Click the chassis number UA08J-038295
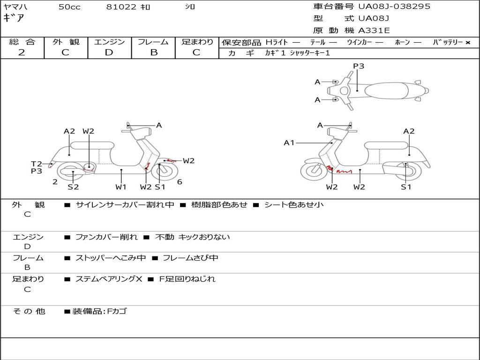pyautogui.click(x=394, y=7)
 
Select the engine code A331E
pyautogui.click(x=374, y=31)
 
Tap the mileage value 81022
pyautogui.click(x=121, y=7)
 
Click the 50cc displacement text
pyautogui.click(x=69, y=7)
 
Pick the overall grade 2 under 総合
pyautogui.click(x=22, y=52)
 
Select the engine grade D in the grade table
pyautogui.click(x=109, y=52)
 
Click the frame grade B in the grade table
pyautogui.click(x=153, y=52)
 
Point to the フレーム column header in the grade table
pyautogui.click(x=153, y=42)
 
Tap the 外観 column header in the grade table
pyautogui.click(x=66, y=42)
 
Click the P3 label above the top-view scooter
pyautogui.click(x=359, y=66)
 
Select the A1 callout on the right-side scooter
pyautogui.click(x=289, y=142)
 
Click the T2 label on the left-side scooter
pyautogui.click(x=37, y=164)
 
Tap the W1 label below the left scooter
pyautogui.click(x=121, y=187)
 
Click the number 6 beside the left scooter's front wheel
pyautogui.click(x=180, y=182)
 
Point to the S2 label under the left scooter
pyautogui.click(x=73, y=187)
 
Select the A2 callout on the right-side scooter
pyautogui.click(x=409, y=131)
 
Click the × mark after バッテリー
pyautogui.click(x=468, y=42)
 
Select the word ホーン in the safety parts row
pyautogui.click(x=402, y=42)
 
